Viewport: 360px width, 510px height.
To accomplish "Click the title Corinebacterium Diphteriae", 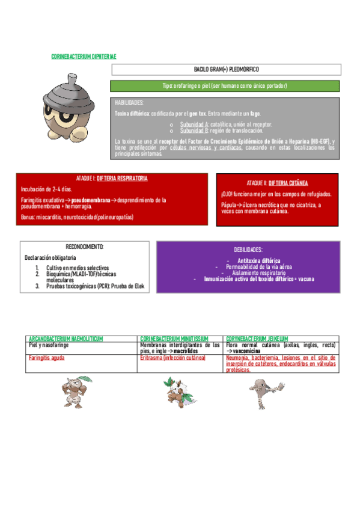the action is point(84,56).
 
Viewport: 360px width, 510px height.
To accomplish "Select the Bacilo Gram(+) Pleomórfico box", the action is point(225,70).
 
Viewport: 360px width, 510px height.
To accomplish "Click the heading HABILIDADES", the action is point(129,103).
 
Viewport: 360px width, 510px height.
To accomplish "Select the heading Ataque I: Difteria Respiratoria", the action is point(112,179).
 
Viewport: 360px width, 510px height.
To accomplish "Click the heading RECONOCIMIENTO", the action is point(85,247).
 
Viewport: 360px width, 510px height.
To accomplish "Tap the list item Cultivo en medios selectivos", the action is point(77,267).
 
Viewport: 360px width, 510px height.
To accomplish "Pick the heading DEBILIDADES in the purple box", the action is point(248,249).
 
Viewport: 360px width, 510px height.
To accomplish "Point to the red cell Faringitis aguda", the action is point(47,357).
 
